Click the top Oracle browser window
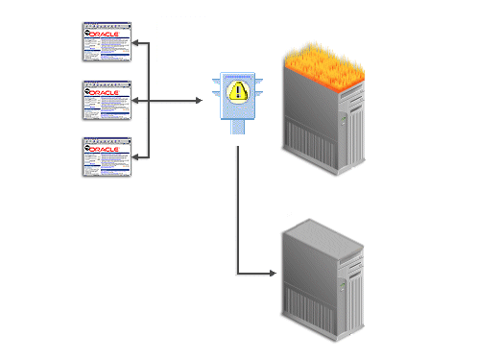107,43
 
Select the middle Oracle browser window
107,100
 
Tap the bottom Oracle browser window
107,156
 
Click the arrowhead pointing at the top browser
137,43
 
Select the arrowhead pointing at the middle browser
137,100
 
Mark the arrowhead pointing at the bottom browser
137,156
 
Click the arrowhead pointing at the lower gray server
276,276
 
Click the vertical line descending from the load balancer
237,211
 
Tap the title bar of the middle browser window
107,84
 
